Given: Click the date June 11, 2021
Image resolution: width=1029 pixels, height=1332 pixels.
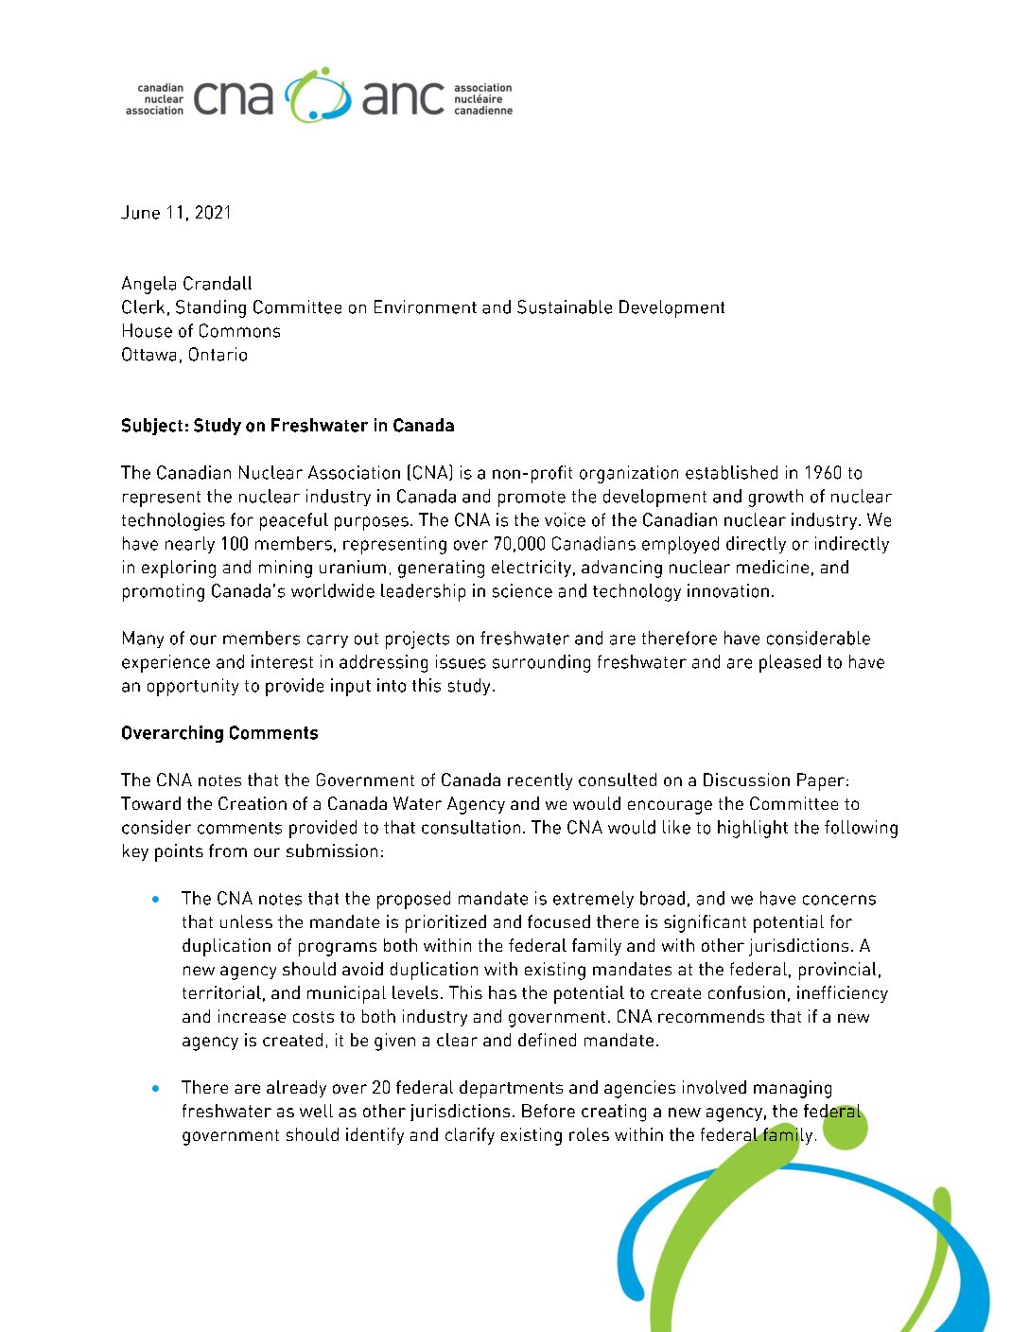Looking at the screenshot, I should [x=176, y=213].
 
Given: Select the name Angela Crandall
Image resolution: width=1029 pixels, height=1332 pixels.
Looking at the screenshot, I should [x=186, y=284].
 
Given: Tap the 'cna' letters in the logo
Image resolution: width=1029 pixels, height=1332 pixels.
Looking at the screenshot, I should [x=233, y=98].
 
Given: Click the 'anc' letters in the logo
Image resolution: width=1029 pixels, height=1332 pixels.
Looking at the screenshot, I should [x=402, y=98].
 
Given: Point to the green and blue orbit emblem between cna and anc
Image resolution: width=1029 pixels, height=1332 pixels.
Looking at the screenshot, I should [x=318, y=96].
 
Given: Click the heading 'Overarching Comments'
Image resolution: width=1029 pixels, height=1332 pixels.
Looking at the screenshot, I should [x=219, y=733].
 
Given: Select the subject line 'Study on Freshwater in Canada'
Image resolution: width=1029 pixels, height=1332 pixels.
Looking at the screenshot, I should [x=323, y=426].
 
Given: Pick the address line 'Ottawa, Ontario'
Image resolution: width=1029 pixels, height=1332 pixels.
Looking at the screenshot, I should [x=184, y=355].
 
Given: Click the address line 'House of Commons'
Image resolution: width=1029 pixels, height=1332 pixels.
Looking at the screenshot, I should [x=201, y=331].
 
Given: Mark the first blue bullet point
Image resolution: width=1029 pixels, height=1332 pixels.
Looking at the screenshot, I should [x=155, y=899].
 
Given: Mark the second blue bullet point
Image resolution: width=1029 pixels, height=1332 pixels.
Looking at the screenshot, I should [x=155, y=1088].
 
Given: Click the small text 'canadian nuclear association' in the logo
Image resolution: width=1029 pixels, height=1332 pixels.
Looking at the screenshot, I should [x=155, y=99].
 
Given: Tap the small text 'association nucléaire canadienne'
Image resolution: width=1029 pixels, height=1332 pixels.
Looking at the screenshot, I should [x=482, y=99].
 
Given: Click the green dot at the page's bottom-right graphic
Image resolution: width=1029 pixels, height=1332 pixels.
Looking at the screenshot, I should [x=845, y=1129].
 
